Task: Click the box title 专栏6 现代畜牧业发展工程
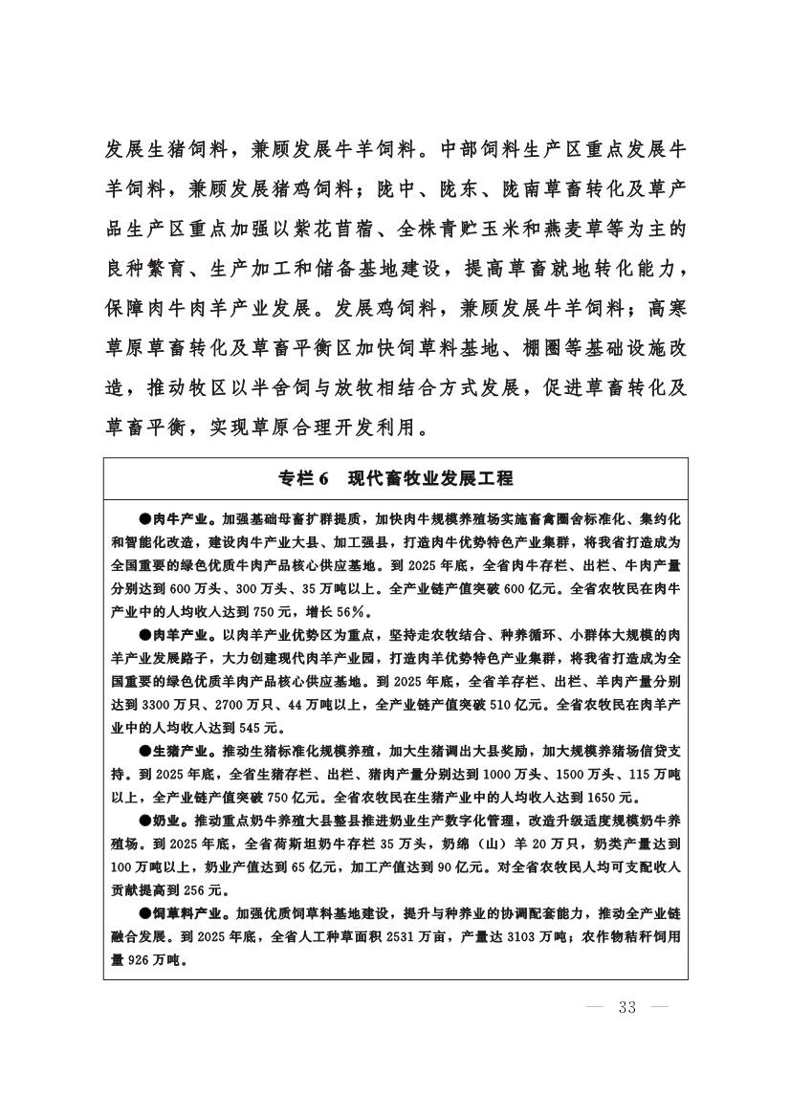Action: click(395, 478)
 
